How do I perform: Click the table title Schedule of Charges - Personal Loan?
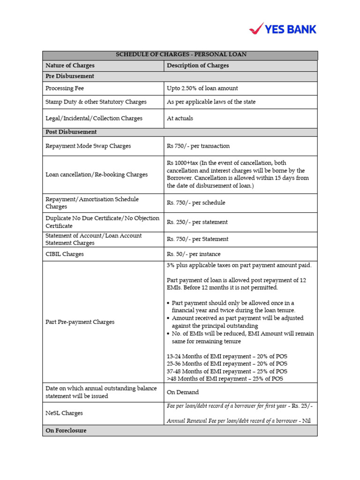pos(180,55)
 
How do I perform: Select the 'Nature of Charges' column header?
pos(70,66)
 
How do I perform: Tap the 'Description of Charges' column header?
pos(198,66)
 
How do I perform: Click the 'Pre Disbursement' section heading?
pos(69,76)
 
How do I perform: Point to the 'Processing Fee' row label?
pos(65,88)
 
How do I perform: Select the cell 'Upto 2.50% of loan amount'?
pos(202,88)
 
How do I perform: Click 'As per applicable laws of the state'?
pos(211,102)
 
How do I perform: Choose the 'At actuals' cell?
pos(180,119)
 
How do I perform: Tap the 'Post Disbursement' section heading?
pos(71,132)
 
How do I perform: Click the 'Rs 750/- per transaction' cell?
pos(198,146)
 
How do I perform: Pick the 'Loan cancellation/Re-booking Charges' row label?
pos(96,174)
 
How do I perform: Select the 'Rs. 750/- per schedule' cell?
pos(196,203)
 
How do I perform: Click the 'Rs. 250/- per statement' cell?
pos(197,222)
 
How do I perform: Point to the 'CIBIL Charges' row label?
pos(65,254)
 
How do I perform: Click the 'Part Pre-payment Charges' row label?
pos(80,322)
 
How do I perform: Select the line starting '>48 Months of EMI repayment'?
pos(225,379)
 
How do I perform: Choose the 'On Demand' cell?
pos(183,392)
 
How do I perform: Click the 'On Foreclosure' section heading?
pos(66,430)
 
